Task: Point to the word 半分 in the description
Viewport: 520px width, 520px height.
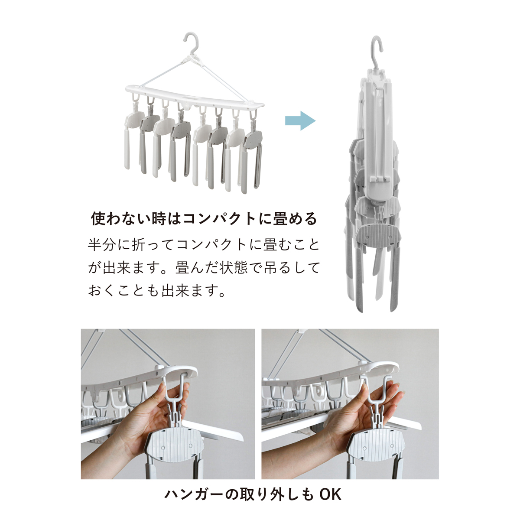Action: (x=101, y=244)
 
